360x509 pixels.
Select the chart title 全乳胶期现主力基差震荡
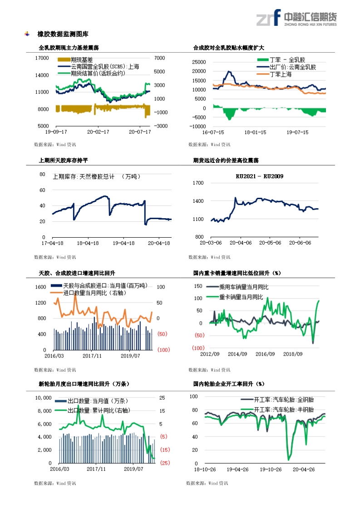pyautogui.click(x=69, y=48)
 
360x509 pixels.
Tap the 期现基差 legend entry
pyautogui.click(x=82, y=60)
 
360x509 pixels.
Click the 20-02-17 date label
pyautogui.click(x=98, y=132)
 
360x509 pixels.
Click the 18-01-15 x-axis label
pyautogui.click(x=255, y=132)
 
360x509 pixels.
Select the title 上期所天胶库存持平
pyautogui.click(x=64, y=161)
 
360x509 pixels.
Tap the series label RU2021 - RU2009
pyautogui.click(x=259, y=176)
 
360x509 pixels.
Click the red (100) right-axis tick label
pyautogui.click(x=163, y=350)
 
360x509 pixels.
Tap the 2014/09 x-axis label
pyautogui.click(x=237, y=354)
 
